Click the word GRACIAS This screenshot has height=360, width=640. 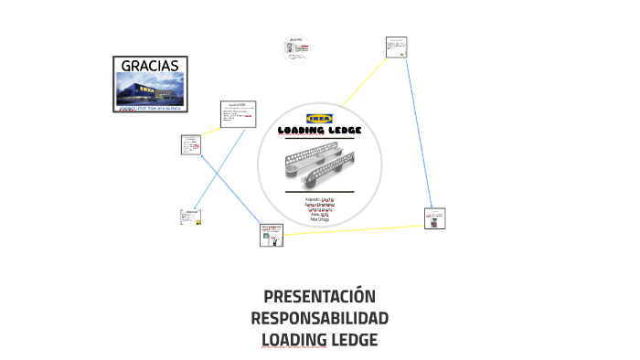pos(151,66)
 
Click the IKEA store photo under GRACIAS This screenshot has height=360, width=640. pos(151,91)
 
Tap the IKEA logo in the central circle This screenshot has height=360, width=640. pos(320,118)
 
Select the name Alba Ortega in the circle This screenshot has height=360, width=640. pos(320,219)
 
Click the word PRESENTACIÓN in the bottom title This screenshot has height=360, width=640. pos(319,297)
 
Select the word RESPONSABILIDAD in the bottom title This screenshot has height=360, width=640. pos(319,319)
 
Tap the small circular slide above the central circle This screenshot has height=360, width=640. pos(296,49)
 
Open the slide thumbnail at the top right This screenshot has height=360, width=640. pos(396,47)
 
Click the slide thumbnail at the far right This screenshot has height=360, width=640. pos(435,217)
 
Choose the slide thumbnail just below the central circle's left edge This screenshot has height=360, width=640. pos(272,235)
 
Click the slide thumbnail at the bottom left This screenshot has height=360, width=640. pos(191,217)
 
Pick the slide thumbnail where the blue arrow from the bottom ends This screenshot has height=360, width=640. pos(191,145)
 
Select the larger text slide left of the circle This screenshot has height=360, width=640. pos(238,114)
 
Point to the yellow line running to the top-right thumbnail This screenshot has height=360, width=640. pos(366,77)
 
